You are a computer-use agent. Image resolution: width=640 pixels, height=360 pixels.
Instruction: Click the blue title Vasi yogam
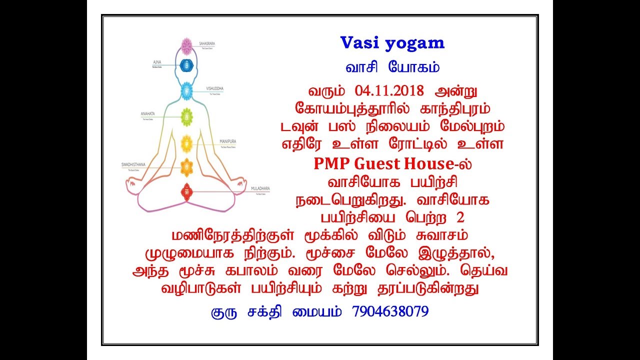pyautogui.click(x=392, y=43)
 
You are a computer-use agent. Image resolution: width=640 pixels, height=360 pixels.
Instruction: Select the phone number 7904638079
pyautogui.click(x=390, y=311)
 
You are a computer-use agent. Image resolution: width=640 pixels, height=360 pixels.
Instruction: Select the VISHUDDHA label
pyautogui.click(x=215, y=88)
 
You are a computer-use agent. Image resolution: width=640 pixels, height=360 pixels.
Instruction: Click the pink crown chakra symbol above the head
pyautogui.click(x=187, y=46)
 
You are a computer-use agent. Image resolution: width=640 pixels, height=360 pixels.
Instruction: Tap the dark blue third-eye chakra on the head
pyautogui.click(x=187, y=65)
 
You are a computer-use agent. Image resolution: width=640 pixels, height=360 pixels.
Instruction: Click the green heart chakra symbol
pyautogui.click(x=187, y=117)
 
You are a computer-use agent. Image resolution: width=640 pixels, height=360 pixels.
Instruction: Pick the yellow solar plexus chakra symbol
pyautogui.click(x=187, y=143)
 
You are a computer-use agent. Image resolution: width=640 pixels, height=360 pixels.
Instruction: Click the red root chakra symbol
pyautogui.click(x=187, y=190)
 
